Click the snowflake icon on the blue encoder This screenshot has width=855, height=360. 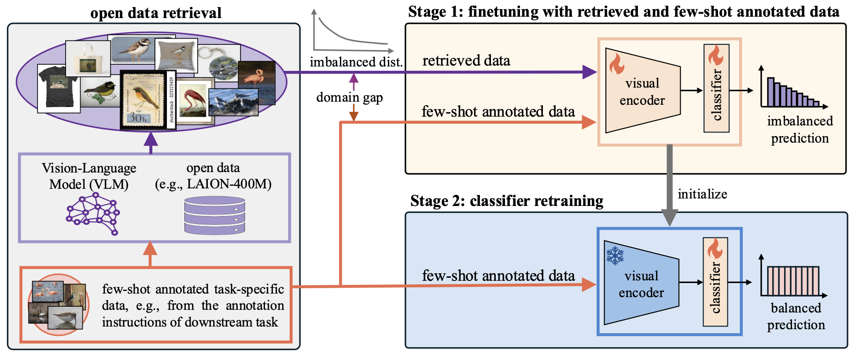615,256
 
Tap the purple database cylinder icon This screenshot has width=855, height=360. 214,215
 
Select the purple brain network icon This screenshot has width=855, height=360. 93,213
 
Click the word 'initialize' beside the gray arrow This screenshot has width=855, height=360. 702,194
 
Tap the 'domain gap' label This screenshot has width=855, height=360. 350,97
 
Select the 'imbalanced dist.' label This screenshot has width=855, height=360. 356,62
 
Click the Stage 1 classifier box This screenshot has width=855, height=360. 716,88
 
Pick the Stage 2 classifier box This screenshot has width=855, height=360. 715,282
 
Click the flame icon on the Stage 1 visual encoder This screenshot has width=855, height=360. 616,63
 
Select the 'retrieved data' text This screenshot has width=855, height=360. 466,60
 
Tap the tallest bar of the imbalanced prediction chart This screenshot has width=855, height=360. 770,92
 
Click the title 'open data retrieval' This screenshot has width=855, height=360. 156,13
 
